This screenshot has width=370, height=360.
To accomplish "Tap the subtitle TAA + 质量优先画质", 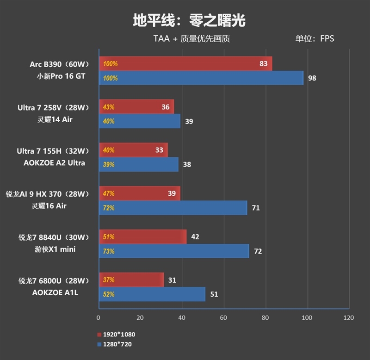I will click(191, 39).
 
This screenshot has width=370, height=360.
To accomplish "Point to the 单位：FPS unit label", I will click(314, 39).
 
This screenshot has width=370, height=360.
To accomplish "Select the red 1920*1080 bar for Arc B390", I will click(185, 64).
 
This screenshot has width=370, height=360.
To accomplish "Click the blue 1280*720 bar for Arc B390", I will click(201, 78).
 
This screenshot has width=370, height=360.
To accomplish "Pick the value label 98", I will click(312, 78).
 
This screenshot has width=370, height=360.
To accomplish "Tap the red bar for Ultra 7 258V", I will click(136, 107).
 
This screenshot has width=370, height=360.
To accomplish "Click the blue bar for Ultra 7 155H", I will click(139, 164).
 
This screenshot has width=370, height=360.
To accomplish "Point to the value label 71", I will click(256, 208).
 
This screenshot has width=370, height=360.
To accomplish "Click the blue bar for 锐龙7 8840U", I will click(174, 251).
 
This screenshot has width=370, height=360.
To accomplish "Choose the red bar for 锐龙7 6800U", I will click(131, 280).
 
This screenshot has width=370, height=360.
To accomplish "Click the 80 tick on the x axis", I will click(265, 318).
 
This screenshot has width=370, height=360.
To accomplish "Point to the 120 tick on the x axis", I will click(349, 318).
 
